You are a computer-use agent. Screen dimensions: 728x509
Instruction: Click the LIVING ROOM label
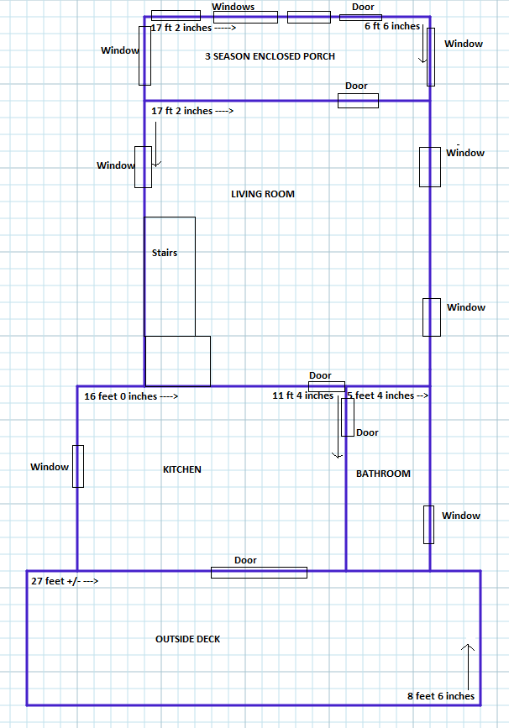pyautogui.click(x=263, y=194)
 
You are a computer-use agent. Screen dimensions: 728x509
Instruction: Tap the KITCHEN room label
pyautogui.click(x=182, y=469)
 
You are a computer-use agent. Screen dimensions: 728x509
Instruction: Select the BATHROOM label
pyautogui.click(x=383, y=474)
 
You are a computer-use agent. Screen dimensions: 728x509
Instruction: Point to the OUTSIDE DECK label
pyautogui.click(x=188, y=639)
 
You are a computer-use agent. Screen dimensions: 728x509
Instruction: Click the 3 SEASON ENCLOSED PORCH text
pyautogui.click(x=270, y=56)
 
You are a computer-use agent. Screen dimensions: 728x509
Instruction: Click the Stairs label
pyautogui.click(x=165, y=253)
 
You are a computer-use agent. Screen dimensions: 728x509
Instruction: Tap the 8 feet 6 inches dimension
pyautogui.click(x=441, y=695)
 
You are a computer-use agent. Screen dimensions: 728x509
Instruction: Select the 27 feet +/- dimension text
pyautogui.click(x=65, y=580)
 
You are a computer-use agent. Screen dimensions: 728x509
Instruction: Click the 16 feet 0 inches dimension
pyautogui.click(x=130, y=395)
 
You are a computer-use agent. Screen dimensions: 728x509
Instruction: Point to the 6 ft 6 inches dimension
pyautogui.click(x=392, y=26)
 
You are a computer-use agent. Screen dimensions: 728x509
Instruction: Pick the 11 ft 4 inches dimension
pyautogui.click(x=302, y=395)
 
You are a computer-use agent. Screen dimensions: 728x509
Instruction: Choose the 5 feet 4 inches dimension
pyautogui.click(x=387, y=395)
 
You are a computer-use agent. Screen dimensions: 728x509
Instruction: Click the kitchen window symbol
pyautogui.click(x=78, y=466)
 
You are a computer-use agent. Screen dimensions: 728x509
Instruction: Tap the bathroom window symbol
pyautogui.click(x=428, y=525)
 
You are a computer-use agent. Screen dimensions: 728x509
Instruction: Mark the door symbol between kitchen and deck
pyautogui.click(x=259, y=573)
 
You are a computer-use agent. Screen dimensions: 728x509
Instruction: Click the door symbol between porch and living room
pyautogui.click(x=358, y=101)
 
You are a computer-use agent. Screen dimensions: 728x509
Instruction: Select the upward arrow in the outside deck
pyautogui.click(x=468, y=663)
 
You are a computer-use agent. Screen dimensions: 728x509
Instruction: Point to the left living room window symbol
pyautogui.click(x=144, y=166)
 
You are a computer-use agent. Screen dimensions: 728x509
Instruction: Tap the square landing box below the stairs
pyautogui.click(x=178, y=360)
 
